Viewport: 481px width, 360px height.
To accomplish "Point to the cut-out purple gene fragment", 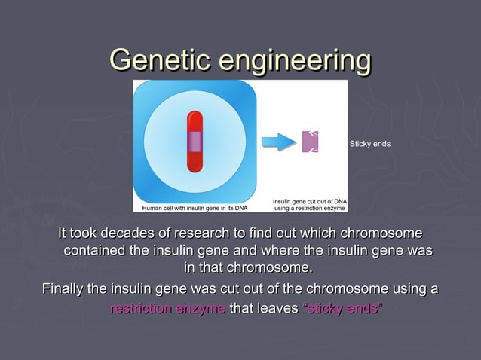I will pos(310,142).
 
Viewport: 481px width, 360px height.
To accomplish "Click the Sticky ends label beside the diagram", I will pos(369,143).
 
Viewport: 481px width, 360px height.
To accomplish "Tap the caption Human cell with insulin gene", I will pos(194,207).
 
